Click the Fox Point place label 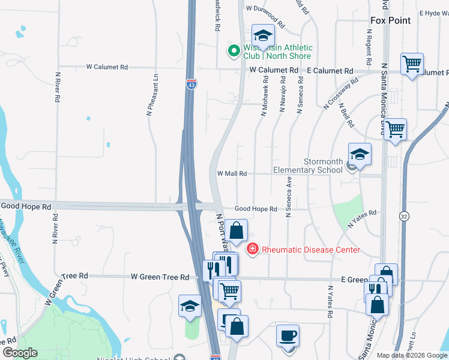tap(390, 20)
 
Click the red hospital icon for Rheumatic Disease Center tap(253, 249)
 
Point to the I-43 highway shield tap(190, 86)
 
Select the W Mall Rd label tap(232, 173)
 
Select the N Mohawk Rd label tap(264, 95)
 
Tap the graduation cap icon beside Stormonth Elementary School tap(360, 155)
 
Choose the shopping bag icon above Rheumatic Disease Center tap(237, 230)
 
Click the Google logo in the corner tap(20, 353)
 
